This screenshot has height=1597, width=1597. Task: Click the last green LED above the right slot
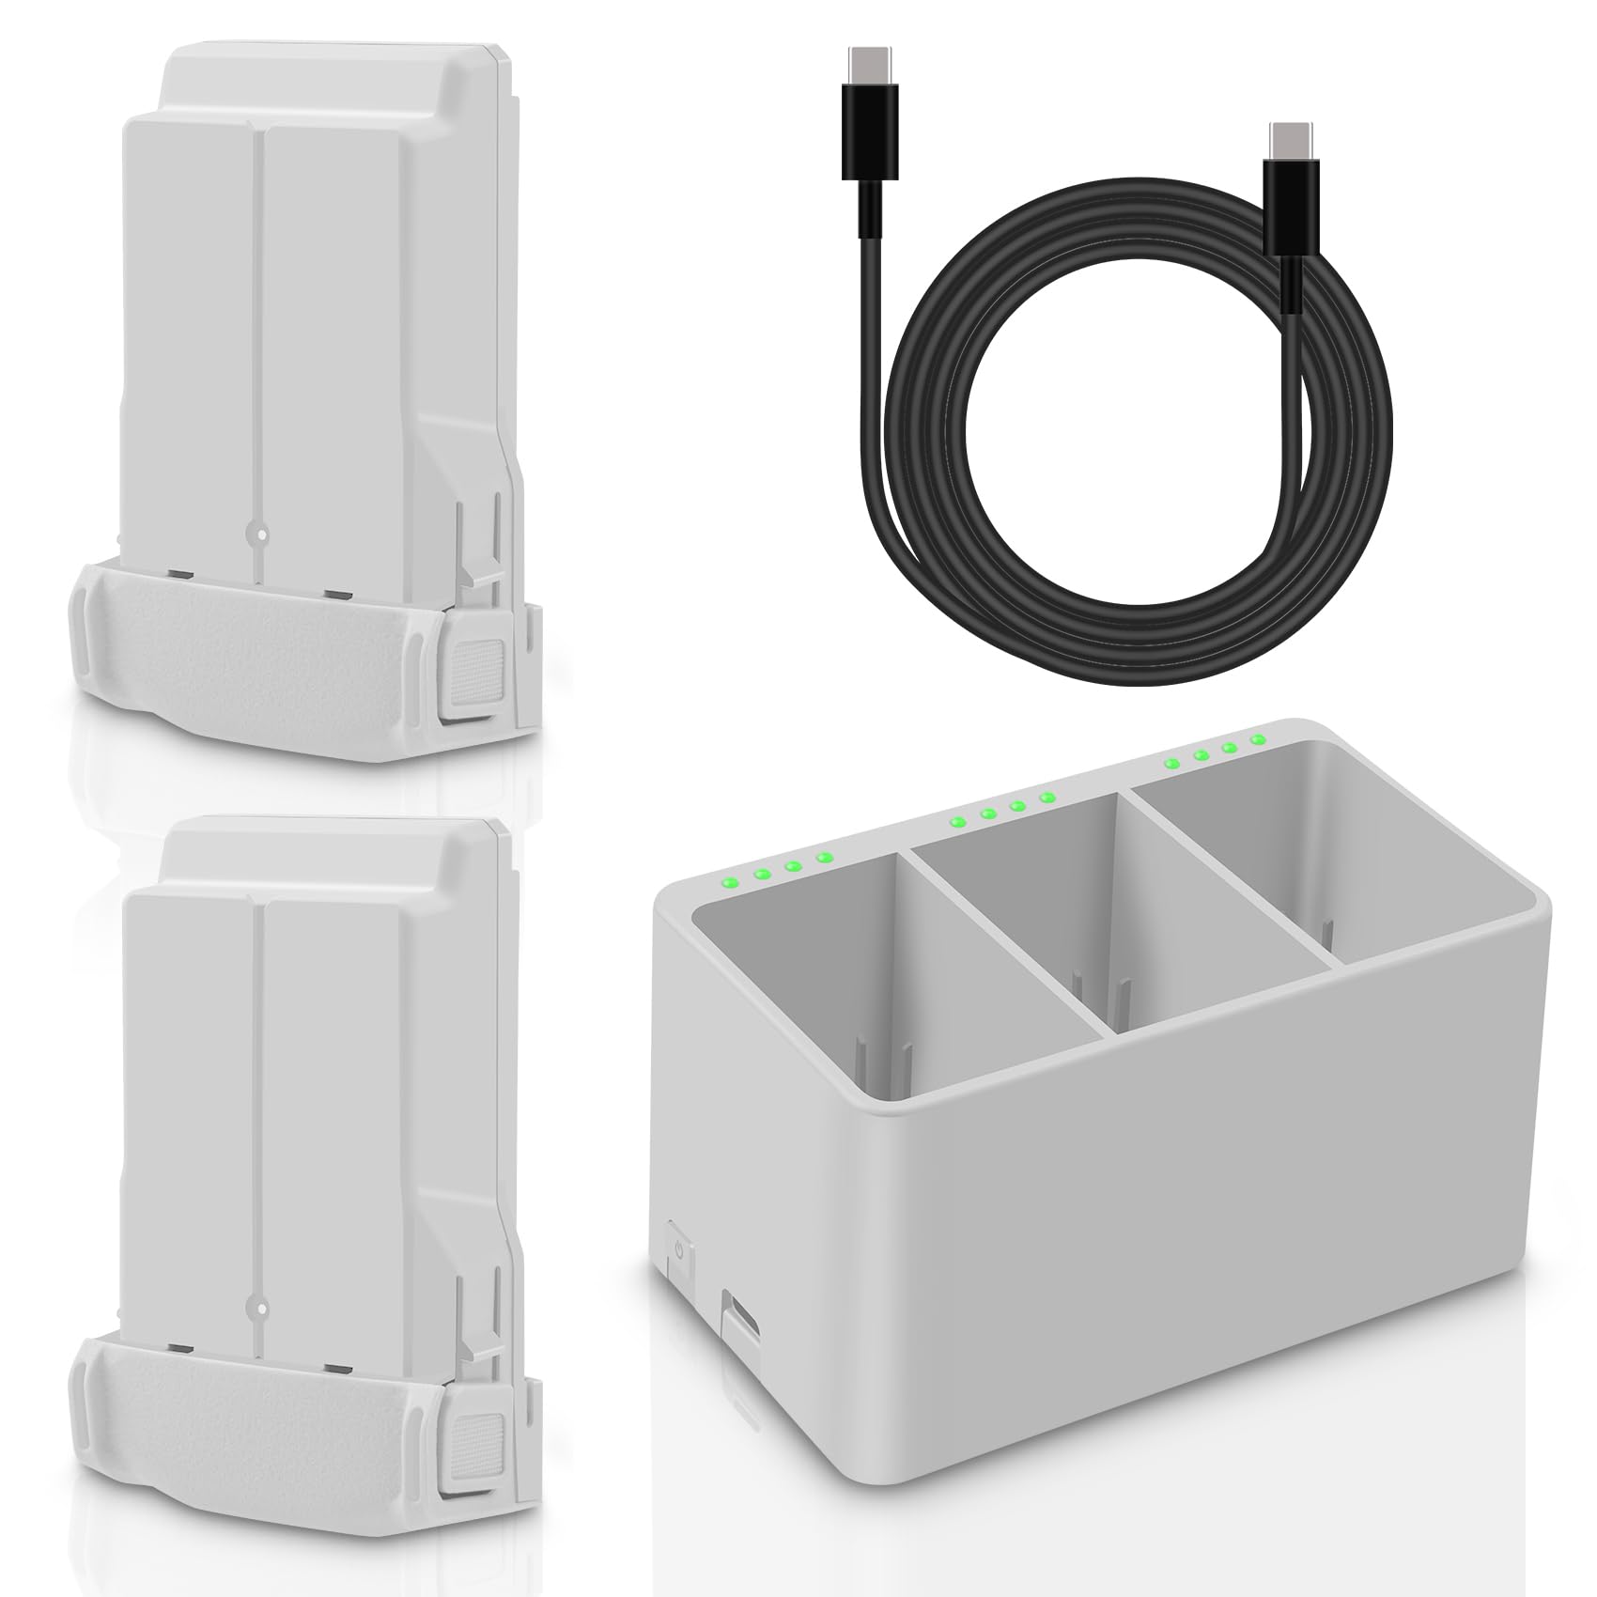point(1257,740)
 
